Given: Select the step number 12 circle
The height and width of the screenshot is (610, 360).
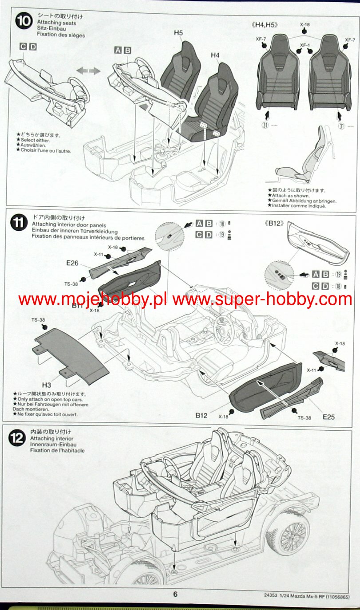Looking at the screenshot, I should coord(17,438).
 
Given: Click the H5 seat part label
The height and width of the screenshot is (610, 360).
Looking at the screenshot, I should coord(178,33).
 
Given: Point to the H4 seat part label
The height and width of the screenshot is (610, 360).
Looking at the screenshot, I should coord(215,55).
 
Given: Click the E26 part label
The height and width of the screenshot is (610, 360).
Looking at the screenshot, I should coord(72,263).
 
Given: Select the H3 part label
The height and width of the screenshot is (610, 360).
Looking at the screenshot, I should coord(47,385).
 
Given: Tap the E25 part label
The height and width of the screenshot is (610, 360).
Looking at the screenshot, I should coord(329,417).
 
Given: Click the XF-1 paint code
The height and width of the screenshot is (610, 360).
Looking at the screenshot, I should coord(304,45).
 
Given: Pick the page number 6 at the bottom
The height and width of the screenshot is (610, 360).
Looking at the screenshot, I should coord(175,594).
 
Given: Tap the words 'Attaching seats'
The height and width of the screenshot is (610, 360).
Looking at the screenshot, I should coord(56,23).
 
